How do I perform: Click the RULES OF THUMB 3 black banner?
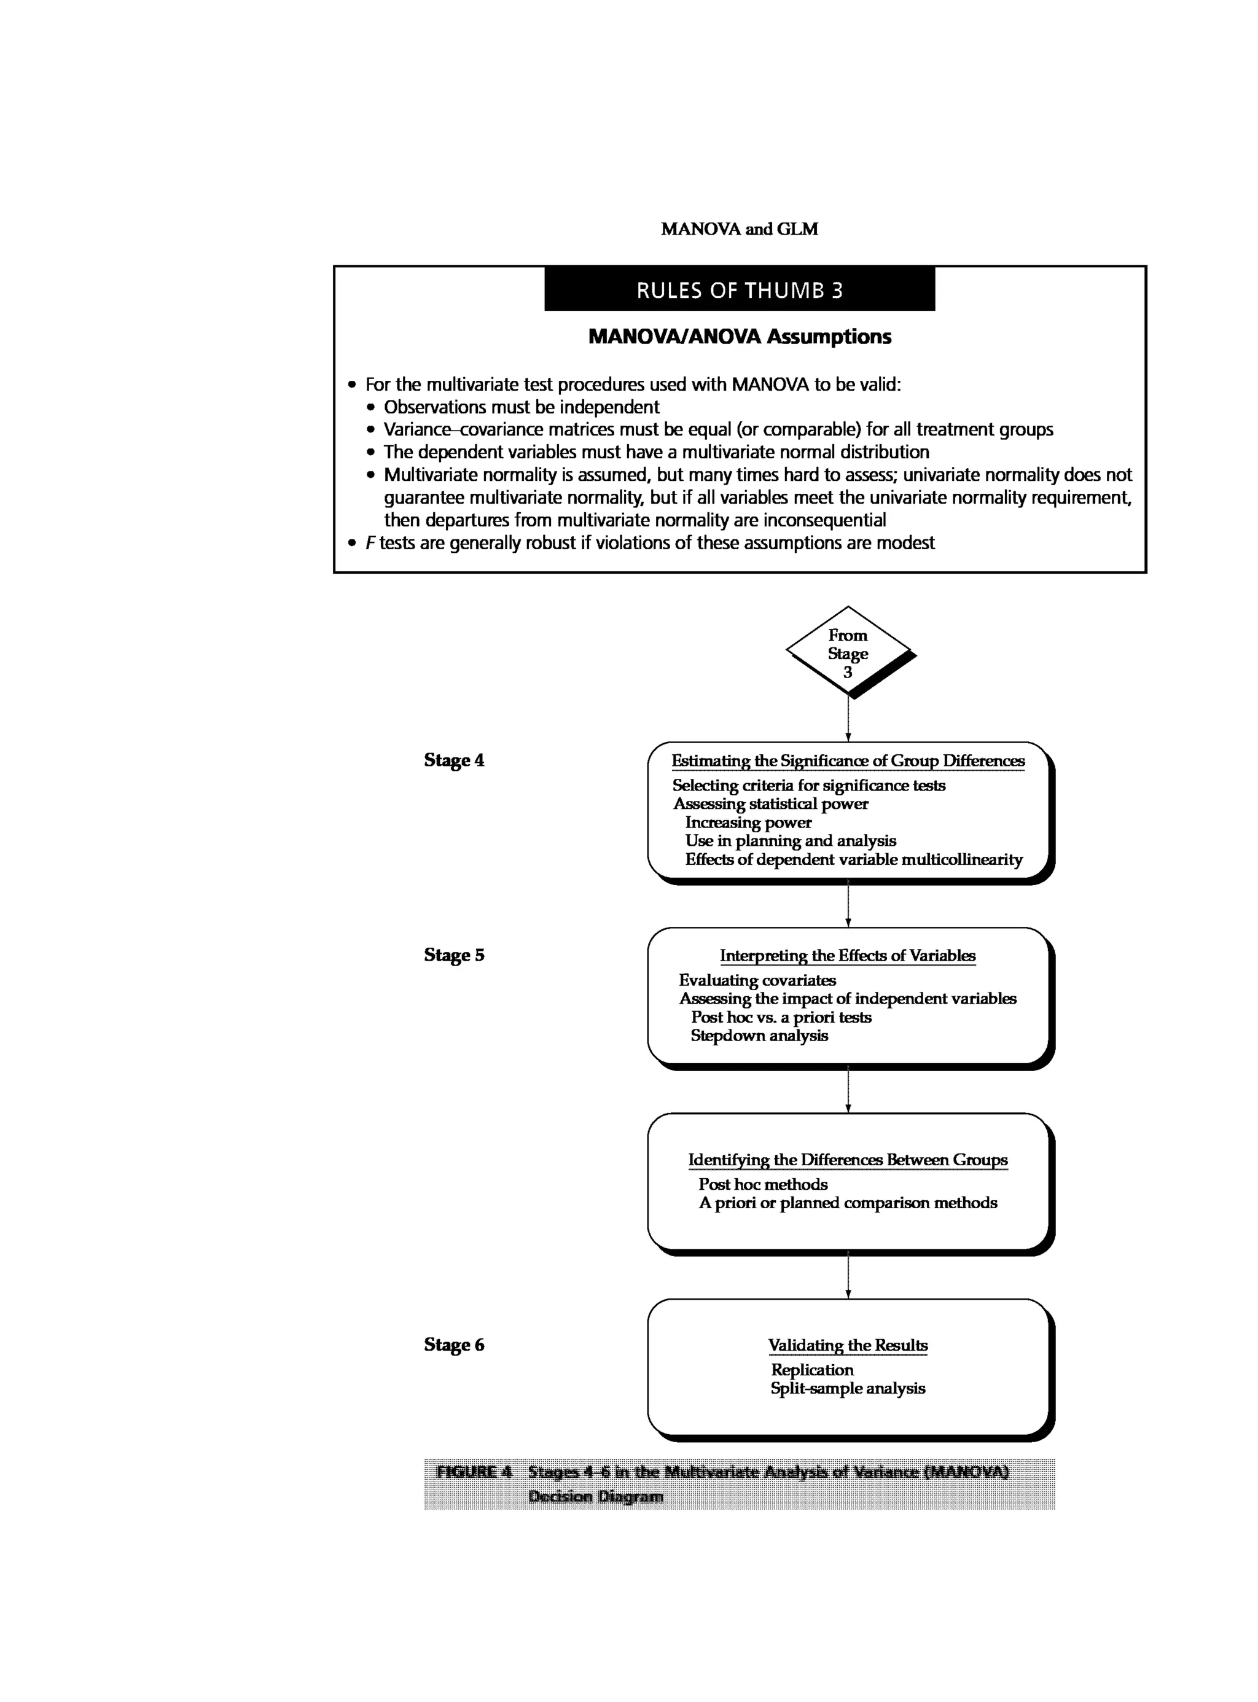[740, 289]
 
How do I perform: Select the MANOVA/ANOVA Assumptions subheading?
[740, 337]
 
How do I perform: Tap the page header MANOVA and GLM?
[740, 229]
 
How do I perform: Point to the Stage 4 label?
[454, 760]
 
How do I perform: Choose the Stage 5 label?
[454, 955]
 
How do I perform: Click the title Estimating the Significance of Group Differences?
[848, 761]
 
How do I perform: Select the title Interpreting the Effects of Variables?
[848, 956]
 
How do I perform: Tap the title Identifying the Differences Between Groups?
[848, 1160]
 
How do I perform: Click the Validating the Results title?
[848, 1346]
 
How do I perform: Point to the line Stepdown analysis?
[759, 1036]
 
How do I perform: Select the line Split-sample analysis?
[848, 1388]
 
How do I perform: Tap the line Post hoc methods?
[763, 1184]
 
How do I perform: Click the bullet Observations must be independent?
[521, 407]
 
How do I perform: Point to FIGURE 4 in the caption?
[474, 1471]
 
